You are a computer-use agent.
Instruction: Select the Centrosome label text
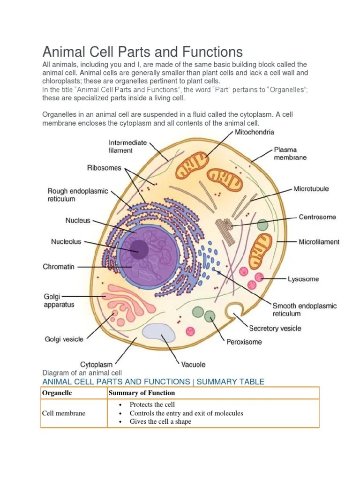click(317, 217)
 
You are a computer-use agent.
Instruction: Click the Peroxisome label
click(244, 342)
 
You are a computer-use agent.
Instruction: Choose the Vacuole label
click(193, 364)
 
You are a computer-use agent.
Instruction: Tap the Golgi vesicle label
click(64, 339)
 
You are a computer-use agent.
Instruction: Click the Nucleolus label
click(66, 242)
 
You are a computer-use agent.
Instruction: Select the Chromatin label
click(59, 267)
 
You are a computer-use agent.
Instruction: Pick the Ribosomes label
click(104, 167)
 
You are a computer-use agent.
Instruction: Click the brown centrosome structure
click(225, 229)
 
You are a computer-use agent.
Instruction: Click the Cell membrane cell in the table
click(64, 413)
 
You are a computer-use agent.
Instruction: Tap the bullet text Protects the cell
click(152, 405)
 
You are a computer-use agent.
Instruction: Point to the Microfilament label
click(319, 242)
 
